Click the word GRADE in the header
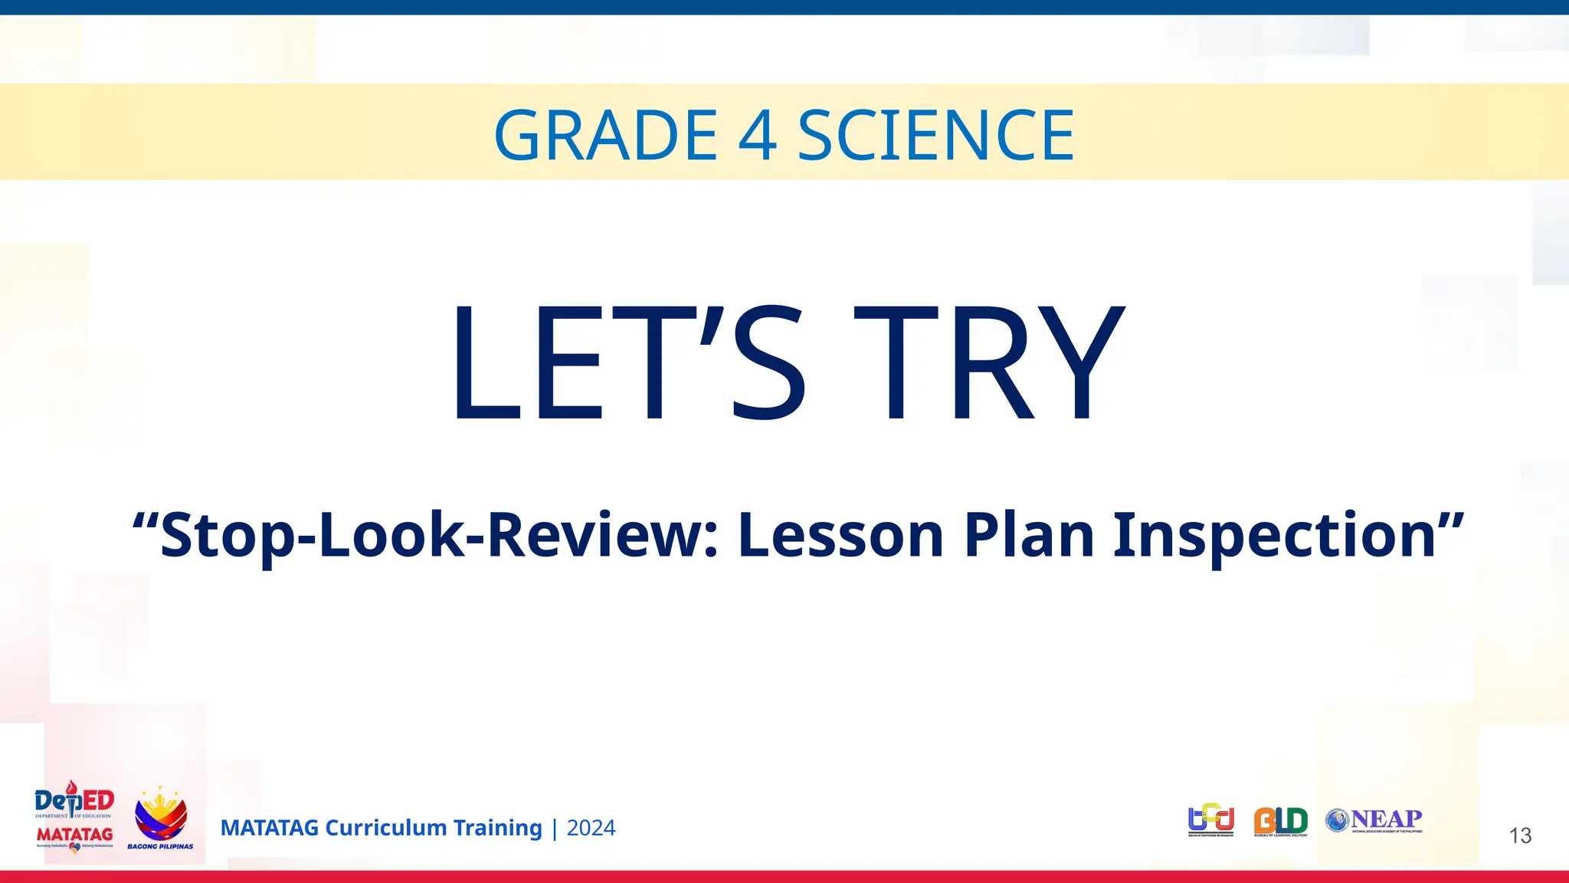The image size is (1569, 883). pos(605,136)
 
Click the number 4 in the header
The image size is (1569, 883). pos(758,136)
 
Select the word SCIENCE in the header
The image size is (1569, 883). pos(935,136)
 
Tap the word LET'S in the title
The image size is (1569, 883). pos(628,362)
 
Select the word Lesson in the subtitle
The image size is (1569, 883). pos(840,535)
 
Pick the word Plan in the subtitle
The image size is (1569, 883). pos(1029,535)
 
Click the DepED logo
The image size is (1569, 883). pos(74,801)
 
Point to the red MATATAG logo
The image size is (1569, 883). pos(74,836)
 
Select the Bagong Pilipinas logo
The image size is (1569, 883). pos(160,819)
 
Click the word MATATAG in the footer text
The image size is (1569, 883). pos(269,828)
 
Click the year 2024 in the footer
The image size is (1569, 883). pos(591,828)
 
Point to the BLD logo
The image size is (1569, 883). pos(1280,821)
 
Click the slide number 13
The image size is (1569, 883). pos(1520,835)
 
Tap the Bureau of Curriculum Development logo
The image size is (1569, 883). pos(1210,820)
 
